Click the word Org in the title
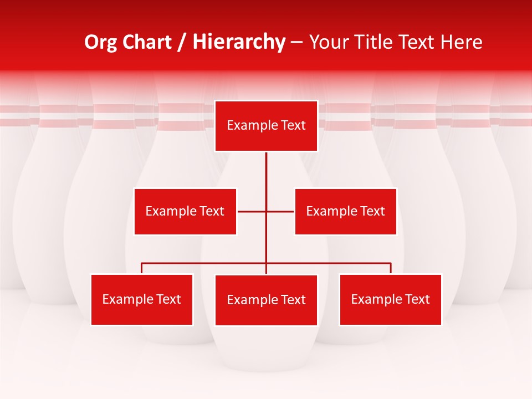pos(100,42)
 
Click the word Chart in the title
pos(146,42)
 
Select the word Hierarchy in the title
pos(239,42)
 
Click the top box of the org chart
pos(266,126)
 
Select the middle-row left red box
pos(185,211)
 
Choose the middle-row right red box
pos(346,211)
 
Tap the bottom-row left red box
pos(142,299)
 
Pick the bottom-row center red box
pos(266,300)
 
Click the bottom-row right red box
pos(391,299)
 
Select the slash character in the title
pos(182,42)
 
